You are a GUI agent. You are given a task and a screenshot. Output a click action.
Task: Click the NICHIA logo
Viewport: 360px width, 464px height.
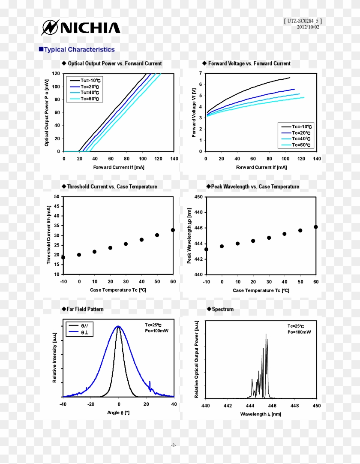pyautogui.click(x=81, y=28)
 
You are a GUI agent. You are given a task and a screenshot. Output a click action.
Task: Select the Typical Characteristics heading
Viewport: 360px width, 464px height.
pyautogui.click(x=79, y=50)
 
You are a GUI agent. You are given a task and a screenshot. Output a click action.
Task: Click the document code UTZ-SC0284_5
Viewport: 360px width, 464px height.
pyautogui.click(x=303, y=21)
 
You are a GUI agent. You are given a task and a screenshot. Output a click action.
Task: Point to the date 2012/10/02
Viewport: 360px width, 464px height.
pyautogui.click(x=308, y=27)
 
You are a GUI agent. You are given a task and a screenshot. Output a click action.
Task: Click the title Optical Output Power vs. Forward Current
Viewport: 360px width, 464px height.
pyautogui.click(x=115, y=63)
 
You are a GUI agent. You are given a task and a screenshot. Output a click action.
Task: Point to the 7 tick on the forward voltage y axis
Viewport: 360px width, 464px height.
pyautogui.click(x=200, y=74)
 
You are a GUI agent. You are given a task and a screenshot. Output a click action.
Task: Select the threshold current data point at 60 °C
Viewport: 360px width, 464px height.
pyautogui.click(x=173, y=230)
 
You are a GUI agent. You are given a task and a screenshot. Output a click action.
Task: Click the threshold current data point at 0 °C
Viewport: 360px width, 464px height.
pyautogui.click(x=79, y=255)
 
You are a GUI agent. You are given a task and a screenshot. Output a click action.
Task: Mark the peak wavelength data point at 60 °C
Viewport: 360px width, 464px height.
pyautogui.click(x=316, y=227)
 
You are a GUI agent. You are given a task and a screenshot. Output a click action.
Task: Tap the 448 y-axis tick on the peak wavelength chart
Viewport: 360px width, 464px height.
pyautogui.click(x=198, y=212)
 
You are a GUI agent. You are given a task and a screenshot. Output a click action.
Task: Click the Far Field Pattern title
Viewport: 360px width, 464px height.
pyautogui.click(x=85, y=309)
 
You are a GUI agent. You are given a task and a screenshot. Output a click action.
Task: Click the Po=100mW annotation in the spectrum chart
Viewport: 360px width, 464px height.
pyautogui.click(x=299, y=332)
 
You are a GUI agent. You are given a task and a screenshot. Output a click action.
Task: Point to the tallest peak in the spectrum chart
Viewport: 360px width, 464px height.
pyautogui.click(x=266, y=335)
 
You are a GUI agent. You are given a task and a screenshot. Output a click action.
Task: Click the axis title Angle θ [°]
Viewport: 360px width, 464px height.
pyautogui.click(x=118, y=413)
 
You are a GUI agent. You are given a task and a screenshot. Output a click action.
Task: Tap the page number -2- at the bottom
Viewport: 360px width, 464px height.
pyautogui.click(x=174, y=445)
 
